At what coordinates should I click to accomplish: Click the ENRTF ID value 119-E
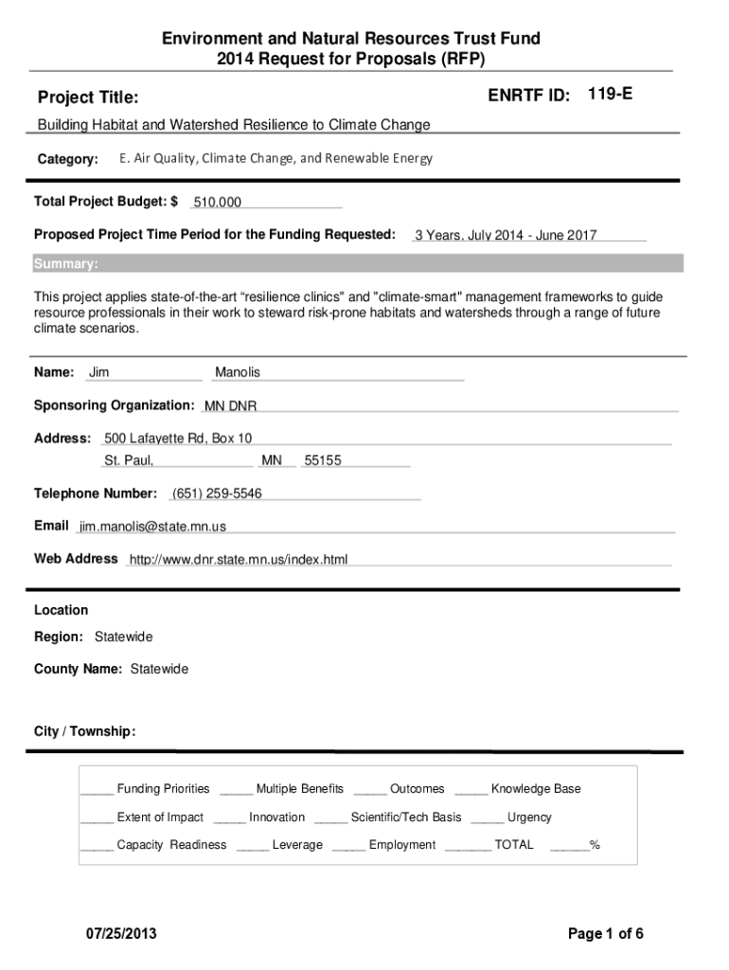[x=611, y=94]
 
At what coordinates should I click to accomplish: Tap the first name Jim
[x=98, y=372]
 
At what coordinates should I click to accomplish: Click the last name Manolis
[x=238, y=372]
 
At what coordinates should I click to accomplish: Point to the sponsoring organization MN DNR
[x=230, y=406]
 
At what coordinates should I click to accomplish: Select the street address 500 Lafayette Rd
[x=178, y=439]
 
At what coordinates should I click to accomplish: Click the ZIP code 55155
[x=323, y=461]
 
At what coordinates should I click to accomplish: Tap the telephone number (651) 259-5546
[x=217, y=494]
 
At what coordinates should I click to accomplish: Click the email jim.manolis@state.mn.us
[x=152, y=527]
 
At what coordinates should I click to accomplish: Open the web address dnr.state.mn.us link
[x=239, y=560]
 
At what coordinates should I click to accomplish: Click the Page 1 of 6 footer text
[x=606, y=935]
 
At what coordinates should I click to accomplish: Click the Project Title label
[x=88, y=98]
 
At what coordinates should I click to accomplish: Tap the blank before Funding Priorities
[x=97, y=790]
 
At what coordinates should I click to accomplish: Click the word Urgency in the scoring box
[x=529, y=817]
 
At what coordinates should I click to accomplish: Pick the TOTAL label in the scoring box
[x=514, y=845]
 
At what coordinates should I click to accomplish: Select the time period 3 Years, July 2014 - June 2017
[x=506, y=236]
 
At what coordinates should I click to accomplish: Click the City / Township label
[x=85, y=731]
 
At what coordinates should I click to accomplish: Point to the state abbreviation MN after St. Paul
[x=272, y=461]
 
